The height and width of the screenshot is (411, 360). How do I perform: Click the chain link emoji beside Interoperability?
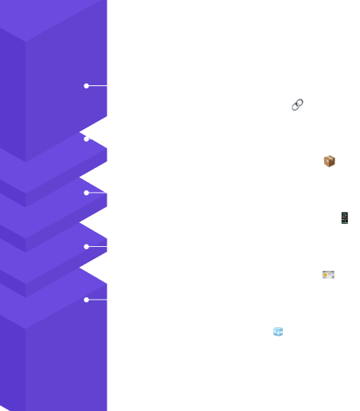(x=297, y=105)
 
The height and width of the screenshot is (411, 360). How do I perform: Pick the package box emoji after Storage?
(x=330, y=162)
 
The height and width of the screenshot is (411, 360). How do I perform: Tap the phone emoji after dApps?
(x=344, y=218)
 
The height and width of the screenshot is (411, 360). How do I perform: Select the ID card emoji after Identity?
(x=329, y=276)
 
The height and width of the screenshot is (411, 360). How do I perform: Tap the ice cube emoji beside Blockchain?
(x=278, y=331)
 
